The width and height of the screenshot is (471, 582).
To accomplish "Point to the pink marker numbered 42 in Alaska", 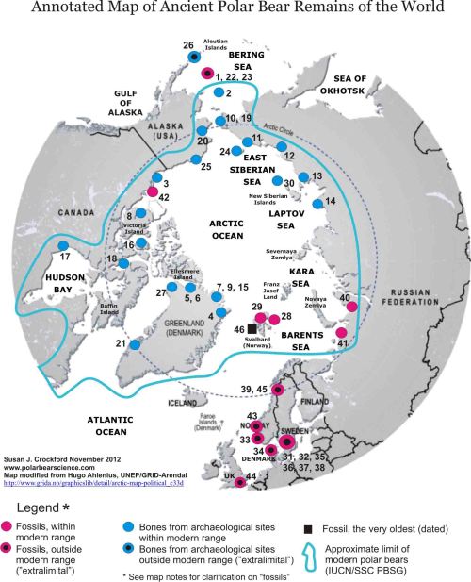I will pyautogui.click(x=149, y=196).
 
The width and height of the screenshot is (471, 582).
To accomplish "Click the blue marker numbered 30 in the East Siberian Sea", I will pyautogui.click(x=276, y=181).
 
